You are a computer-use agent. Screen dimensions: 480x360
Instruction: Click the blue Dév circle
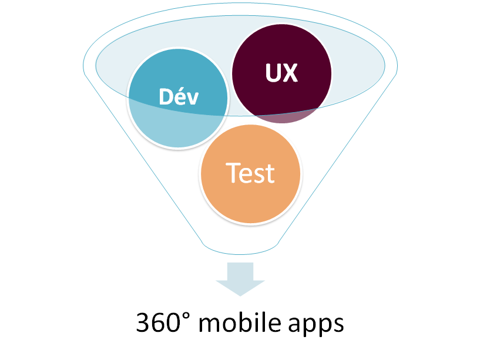[x=178, y=98]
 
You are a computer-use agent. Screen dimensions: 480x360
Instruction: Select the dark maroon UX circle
[x=281, y=74]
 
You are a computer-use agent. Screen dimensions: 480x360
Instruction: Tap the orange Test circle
[x=250, y=174]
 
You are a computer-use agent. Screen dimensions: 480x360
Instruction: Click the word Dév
[x=179, y=96]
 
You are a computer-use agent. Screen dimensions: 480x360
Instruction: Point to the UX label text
[x=281, y=73]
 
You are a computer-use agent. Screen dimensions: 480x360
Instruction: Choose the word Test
[x=250, y=173]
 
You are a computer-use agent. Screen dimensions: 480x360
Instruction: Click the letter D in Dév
[x=166, y=97]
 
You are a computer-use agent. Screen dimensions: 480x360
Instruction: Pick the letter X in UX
[x=290, y=73]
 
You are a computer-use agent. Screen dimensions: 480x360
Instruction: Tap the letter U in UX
[x=273, y=73]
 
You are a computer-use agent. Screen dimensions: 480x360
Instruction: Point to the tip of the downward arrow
[x=240, y=296]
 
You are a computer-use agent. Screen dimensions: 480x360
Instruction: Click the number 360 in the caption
[x=158, y=322]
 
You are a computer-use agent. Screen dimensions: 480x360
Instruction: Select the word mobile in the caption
[x=240, y=322]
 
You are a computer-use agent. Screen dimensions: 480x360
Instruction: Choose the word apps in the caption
[x=316, y=325]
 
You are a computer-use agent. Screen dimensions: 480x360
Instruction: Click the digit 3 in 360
[x=143, y=322]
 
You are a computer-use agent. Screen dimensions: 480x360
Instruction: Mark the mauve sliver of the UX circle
[x=287, y=116]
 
